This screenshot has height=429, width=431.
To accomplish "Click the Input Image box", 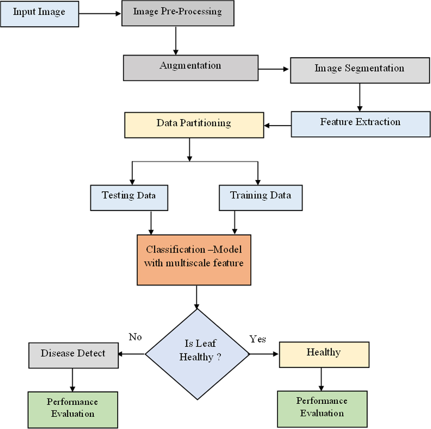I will pyautogui.click(x=39, y=14).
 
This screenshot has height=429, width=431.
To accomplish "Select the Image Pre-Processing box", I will pyautogui.click(x=178, y=13).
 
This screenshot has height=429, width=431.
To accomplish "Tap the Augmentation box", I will pyautogui.click(x=191, y=68).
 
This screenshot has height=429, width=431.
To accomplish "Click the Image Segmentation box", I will pyautogui.click(x=360, y=70).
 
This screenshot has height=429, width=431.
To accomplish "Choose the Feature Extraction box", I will pyautogui.click(x=361, y=124).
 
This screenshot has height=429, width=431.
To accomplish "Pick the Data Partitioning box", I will pyautogui.click(x=194, y=125).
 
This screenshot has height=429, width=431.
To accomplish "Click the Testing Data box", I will pyautogui.click(x=129, y=198).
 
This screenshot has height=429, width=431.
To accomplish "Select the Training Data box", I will pyautogui.click(x=260, y=198).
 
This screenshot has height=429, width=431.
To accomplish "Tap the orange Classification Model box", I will pyautogui.click(x=194, y=260).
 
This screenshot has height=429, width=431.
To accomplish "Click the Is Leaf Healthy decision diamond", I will pyautogui.click(x=198, y=354).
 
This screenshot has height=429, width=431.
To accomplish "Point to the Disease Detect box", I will pyautogui.click(x=73, y=355).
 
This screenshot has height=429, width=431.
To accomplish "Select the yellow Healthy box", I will pyautogui.click(x=324, y=354).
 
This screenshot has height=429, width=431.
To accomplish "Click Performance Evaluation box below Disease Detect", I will pyautogui.click(x=73, y=409).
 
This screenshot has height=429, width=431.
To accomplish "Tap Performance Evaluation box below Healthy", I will pyautogui.click(x=322, y=409).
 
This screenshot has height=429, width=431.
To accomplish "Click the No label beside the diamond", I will pyautogui.click(x=135, y=337).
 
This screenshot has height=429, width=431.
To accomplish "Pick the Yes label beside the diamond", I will pyautogui.click(x=257, y=339).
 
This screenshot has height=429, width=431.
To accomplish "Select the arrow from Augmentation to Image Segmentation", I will pyautogui.click(x=273, y=69).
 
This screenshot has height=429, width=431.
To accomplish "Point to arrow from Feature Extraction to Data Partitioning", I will pyautogui.click(x=277, y=126).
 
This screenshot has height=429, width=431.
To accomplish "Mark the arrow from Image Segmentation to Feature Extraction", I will pyautogui.click(x=360, y=97).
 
